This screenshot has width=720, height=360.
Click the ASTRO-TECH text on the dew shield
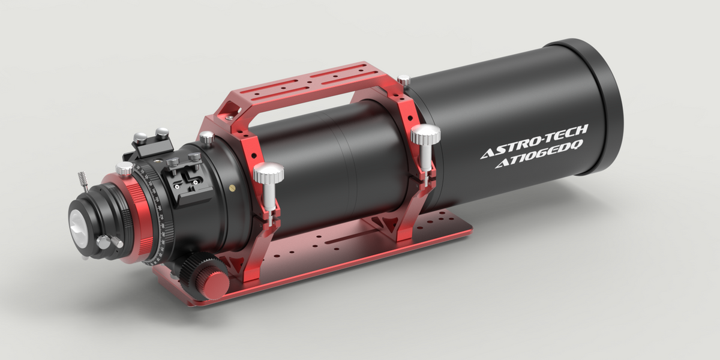click(535, 140)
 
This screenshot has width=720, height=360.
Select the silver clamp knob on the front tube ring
click(425, 134)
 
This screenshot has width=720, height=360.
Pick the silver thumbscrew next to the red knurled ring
click(124, 170)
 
